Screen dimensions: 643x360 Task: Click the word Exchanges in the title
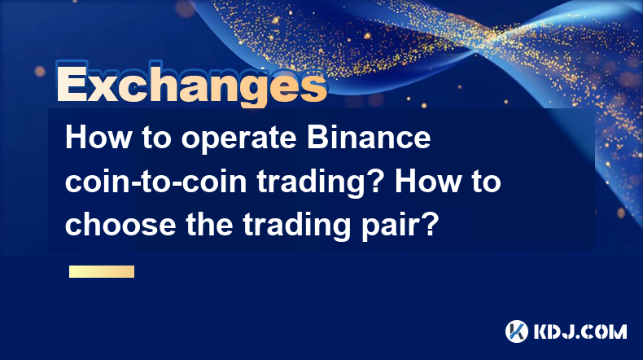point(192,83)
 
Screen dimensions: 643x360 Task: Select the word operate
point(238,139)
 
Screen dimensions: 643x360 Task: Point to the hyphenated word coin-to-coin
point(155,181)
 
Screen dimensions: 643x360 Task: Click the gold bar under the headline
point(102,271)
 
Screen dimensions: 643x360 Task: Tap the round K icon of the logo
point(517,331)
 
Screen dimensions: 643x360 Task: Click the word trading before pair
point(297,226)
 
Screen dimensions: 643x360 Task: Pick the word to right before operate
point(156,138)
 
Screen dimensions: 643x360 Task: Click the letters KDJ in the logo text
point(552,331)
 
